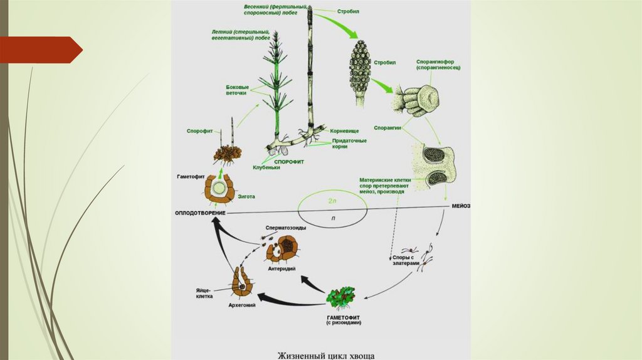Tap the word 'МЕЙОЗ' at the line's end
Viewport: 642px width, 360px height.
coord(460,206)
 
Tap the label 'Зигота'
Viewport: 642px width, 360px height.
coord(246,196)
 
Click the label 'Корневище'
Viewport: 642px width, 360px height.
coord(344,130)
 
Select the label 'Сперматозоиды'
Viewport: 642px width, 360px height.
coord(286,228)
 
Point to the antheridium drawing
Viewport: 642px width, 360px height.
coord(283,248)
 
